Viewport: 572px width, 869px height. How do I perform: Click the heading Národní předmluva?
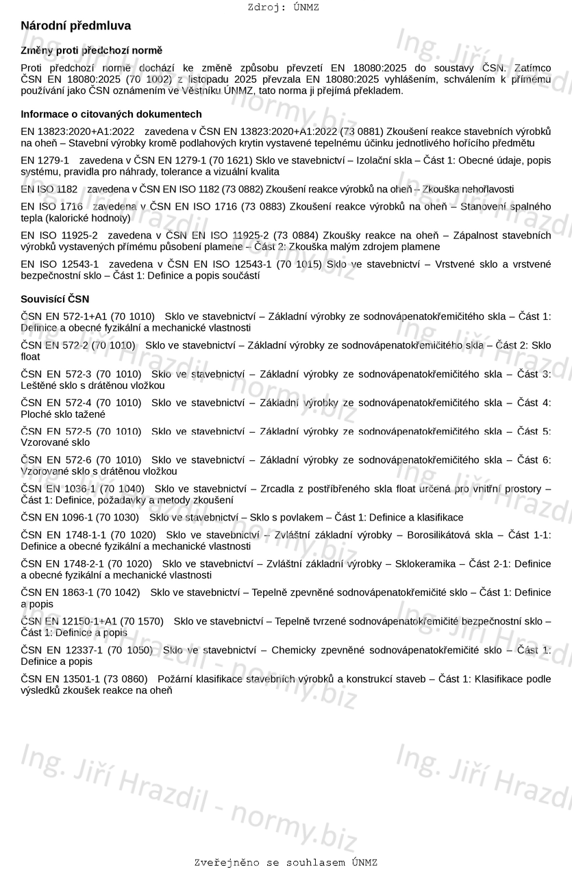75,26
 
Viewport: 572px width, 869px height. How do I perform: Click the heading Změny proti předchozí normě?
91,51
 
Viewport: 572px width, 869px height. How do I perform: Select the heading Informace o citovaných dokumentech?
111,114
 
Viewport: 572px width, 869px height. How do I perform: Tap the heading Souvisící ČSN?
55,299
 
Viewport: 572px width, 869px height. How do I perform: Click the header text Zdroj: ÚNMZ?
283,8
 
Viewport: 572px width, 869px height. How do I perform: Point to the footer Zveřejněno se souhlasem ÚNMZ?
286,862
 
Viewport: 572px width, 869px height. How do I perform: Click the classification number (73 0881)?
362,131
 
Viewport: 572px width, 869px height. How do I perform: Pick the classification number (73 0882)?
240,189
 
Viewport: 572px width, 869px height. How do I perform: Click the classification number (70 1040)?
122,488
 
